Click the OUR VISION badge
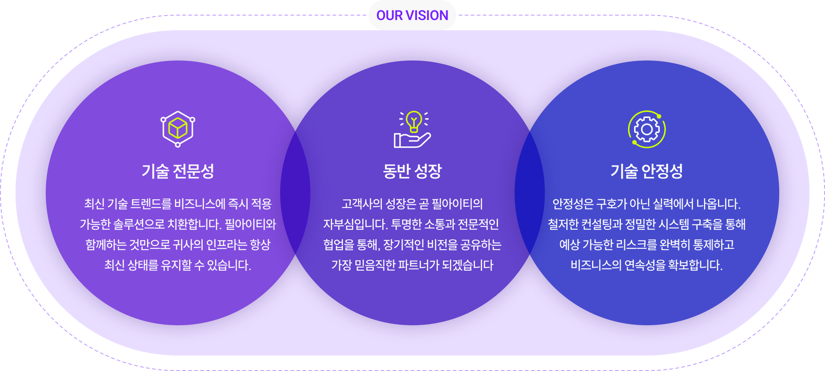[x=412, y=15]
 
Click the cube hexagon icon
[x=178, y=129]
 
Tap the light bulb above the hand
[x=414, y=121]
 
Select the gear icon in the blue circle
[x=647, y=129]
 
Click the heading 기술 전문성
[x=178, y=171]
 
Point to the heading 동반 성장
[x=412, y=171]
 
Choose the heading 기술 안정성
[x=647, y=171]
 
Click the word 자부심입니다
[x=355, y=224]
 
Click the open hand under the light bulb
[x=412, y=141]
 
